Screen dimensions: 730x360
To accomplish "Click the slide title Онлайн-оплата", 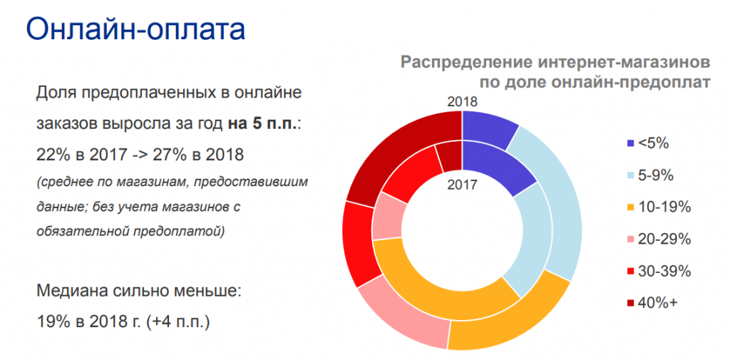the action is tap(135, 29).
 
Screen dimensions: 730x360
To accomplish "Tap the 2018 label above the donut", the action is tap(462, 102).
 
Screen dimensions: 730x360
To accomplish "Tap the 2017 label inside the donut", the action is tap(462, 185).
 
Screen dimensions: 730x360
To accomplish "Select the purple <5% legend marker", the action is tap(631, 143).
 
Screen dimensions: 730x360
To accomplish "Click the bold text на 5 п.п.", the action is tap(261, 124).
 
